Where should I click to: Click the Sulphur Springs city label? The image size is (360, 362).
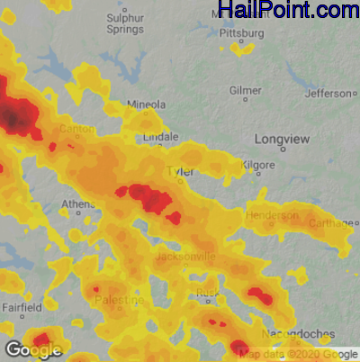coord(125,23)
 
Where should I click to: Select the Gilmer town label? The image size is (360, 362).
coord(246,91)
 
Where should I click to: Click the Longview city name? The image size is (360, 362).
coord(283,139)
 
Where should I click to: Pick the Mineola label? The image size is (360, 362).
coord(147,104)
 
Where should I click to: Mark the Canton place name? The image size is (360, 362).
coord(76,129)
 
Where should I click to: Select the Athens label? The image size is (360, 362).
coord(77,204)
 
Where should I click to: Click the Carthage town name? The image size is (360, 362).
coord(330,222)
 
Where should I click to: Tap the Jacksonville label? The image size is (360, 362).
coord(185,257)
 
